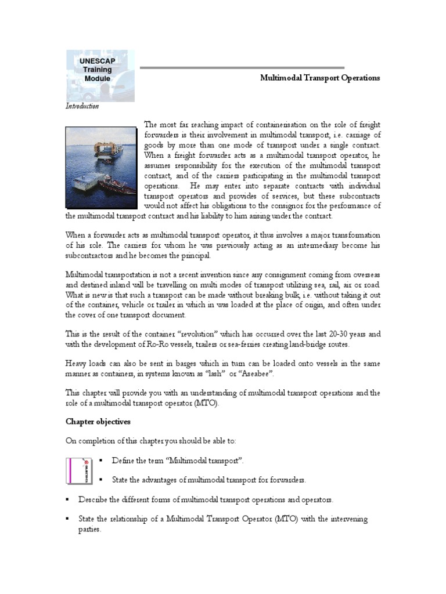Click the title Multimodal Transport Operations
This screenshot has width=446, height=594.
tap(319, 78)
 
